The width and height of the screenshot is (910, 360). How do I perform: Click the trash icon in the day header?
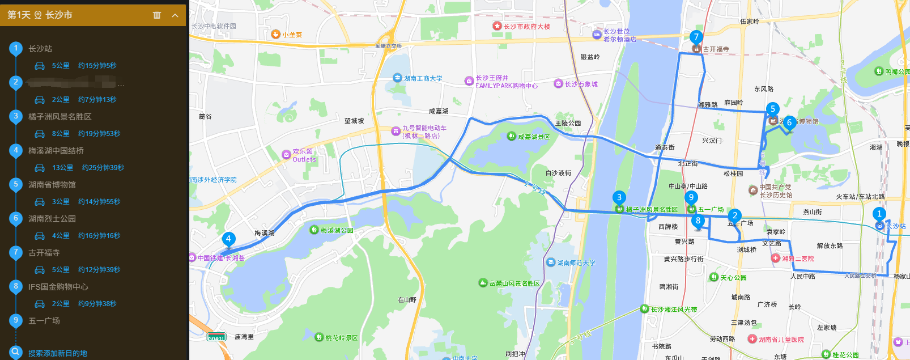(157, 15)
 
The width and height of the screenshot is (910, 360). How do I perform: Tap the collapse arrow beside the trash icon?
(175, 15)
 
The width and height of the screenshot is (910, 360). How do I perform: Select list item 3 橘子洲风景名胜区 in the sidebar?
(59, 117)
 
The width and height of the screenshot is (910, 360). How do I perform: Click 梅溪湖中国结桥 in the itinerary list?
(56, 151)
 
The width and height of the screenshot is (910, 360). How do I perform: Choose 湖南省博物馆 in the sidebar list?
(52, 185)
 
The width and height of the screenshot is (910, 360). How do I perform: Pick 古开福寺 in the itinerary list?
(44, 253)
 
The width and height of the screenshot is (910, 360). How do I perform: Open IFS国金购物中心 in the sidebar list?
(58, 287)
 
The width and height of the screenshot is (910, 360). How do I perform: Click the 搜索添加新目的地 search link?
(57, 353)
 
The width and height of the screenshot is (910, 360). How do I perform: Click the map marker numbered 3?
(619, 198)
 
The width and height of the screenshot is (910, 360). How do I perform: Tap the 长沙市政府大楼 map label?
(526, 26)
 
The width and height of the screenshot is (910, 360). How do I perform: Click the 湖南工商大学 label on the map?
(422, 78)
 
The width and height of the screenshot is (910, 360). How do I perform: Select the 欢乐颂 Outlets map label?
(304, 155)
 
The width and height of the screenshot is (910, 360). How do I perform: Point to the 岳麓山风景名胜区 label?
(514, 283)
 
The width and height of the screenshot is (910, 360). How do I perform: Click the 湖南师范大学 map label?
(575, 262)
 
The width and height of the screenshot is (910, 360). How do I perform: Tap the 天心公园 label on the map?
(733, 277)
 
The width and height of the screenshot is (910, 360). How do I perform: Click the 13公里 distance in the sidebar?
(63, 168)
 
